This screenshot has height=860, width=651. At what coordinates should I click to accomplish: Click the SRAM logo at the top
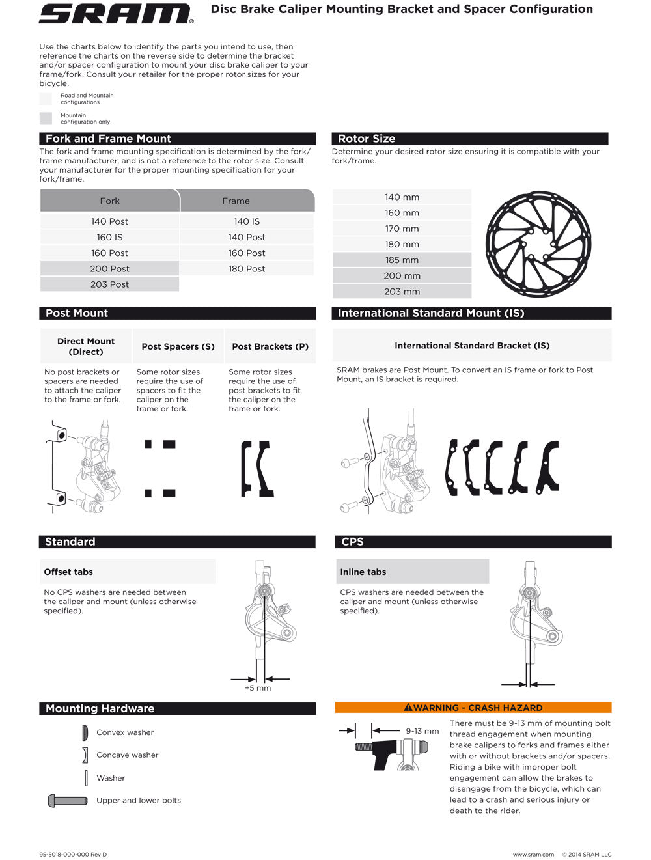(x=116, y=14)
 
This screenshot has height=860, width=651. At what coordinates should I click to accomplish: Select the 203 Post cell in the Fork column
(x=109, y=284)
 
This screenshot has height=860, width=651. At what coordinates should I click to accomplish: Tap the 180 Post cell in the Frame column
(x=247, y=269)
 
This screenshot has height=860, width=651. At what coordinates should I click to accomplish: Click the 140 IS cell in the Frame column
(x=247, y=221)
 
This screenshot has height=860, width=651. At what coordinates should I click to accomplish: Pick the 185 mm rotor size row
(x=402, y=260)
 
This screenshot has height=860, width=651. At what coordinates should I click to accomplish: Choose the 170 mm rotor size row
(x=402, y=229)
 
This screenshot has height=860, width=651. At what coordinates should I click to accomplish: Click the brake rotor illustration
(x=538, y=244)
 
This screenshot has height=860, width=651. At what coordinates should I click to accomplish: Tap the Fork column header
(x=109, y=201)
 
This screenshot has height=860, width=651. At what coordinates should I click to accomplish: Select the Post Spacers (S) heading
(x=178, y=346)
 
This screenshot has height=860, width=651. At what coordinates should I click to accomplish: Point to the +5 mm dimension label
(x=258, y=688)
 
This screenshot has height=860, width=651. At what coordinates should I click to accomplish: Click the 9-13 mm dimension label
(x=422, y=731)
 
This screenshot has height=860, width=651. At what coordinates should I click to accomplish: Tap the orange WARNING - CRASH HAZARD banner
(x=473, y=708)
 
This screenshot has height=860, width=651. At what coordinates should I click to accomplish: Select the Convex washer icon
(x=85, y=733)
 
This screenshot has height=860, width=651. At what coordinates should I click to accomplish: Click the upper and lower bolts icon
(x=67, y=801)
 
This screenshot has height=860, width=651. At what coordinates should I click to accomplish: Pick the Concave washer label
(x=128, y=755)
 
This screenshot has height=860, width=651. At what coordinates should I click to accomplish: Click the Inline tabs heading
(x=363, y=572)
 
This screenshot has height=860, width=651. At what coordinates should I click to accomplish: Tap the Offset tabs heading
(x=68, y=572)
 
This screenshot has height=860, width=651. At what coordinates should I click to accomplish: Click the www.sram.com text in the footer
(x=533, y=855)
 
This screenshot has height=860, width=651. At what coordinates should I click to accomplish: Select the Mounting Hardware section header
(x=100, y=708)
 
